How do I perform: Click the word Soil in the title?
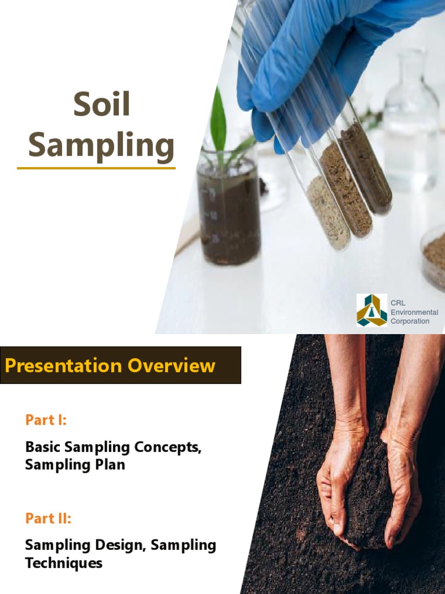(101, 104)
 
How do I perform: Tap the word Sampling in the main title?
(101, 145)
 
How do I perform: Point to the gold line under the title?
(96, 168)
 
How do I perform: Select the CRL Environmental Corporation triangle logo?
(371, 310)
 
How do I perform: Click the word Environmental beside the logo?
(414, 312)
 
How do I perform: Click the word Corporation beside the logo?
(410, 321)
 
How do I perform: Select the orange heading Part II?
(48, 518)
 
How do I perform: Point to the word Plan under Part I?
(110, 465)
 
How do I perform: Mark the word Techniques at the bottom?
(64, 563)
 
